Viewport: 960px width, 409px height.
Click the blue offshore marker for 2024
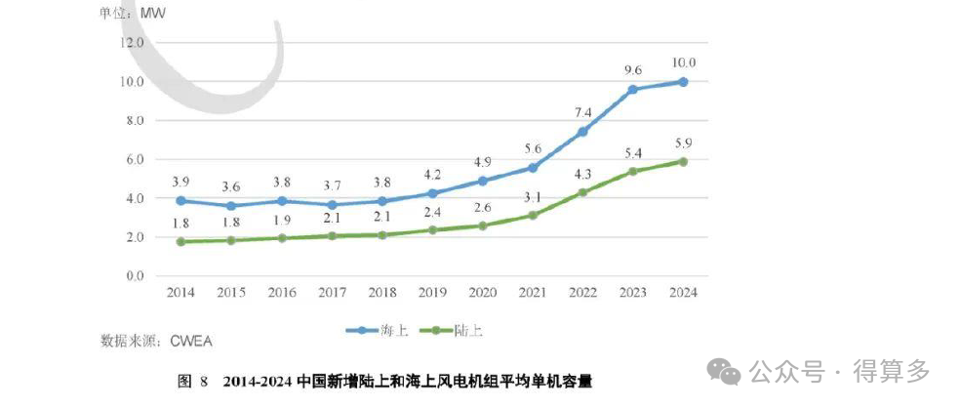click(683, 82)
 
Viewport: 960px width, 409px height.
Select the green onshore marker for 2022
click(582, 192)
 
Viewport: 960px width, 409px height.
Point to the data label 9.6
click(632, 69)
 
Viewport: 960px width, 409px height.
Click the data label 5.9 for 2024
click(683, 142)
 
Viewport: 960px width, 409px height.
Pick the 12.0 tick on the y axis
click(131, 42)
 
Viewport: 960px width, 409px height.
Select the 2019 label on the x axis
click(431, 292)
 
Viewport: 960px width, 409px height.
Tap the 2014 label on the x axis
click(180, 292)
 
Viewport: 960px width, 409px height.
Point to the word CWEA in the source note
click(191, 341)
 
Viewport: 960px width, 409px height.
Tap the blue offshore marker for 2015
click(230, 206)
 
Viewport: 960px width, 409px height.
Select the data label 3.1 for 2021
click(533, 198)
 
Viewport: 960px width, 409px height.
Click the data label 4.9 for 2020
click(481, 161)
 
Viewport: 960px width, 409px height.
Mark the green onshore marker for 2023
click(632, 171)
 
